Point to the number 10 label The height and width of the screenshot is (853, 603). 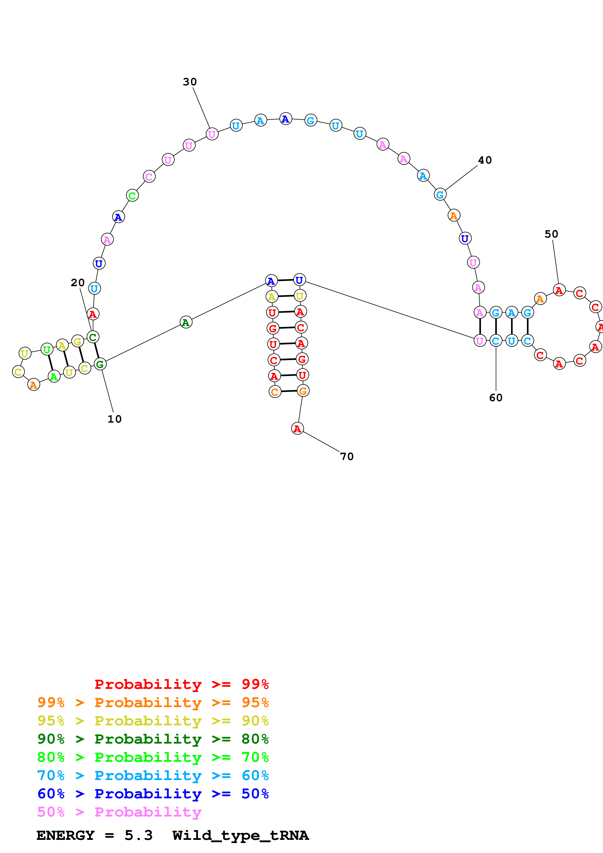114,419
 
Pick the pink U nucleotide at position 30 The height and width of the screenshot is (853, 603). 212,134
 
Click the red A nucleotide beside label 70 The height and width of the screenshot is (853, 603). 297,428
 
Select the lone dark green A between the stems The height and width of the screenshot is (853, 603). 186,322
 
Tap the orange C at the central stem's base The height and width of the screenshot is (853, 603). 275,391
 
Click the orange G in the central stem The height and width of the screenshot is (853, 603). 303,391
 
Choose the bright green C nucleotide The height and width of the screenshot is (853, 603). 132,195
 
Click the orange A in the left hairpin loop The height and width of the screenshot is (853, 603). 33,385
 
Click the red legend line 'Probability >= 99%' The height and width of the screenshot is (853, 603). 181,684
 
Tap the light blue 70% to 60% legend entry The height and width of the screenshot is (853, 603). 153,776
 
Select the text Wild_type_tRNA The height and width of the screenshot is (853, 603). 240,835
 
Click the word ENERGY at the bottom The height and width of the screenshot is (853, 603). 65,835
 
